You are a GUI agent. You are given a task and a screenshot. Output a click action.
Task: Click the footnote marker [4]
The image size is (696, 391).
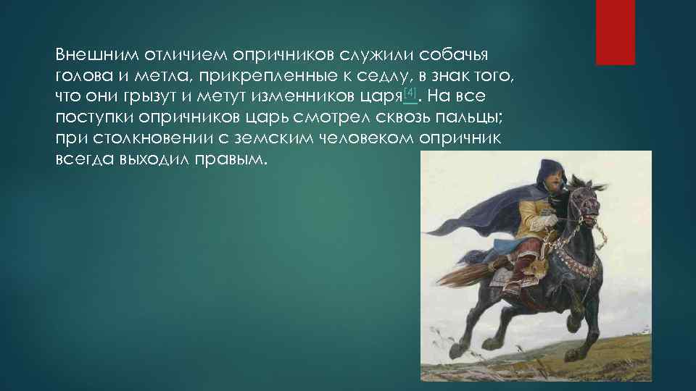coord(410,93)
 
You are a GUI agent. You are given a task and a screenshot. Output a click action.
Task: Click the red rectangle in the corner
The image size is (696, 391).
coord(615,32)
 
